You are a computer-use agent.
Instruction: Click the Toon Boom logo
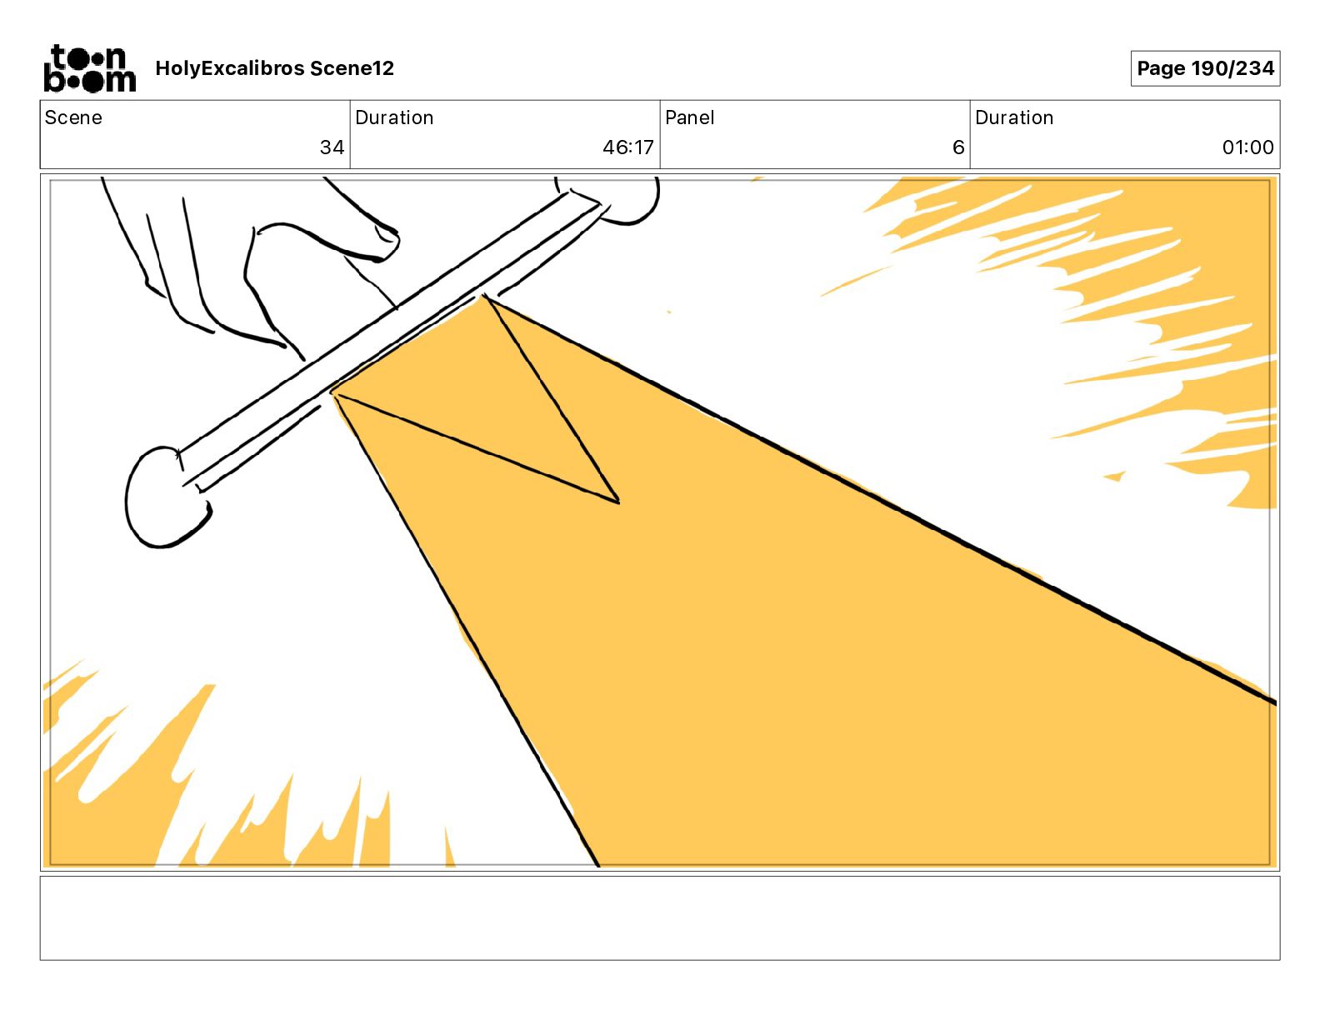(90, 68)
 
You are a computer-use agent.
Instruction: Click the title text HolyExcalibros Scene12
(274, 68)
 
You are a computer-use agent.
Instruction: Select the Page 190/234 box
(1205, 68)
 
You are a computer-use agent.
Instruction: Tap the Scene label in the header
(73, 117)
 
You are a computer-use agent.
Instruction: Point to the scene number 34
(332, 147)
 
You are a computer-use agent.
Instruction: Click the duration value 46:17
(628, 147)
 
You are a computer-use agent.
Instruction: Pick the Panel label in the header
(689, 117)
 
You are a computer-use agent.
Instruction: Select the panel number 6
(958, 147)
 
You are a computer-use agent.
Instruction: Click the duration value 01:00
(1247, 147)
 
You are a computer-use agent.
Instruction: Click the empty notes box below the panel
(660, 918)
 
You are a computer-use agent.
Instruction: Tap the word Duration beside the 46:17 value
(394, 117)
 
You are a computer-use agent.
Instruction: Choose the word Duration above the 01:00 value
(1014, 117)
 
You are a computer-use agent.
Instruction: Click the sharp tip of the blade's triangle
(618, 502)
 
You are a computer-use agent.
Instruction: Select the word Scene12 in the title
(352, 68)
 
